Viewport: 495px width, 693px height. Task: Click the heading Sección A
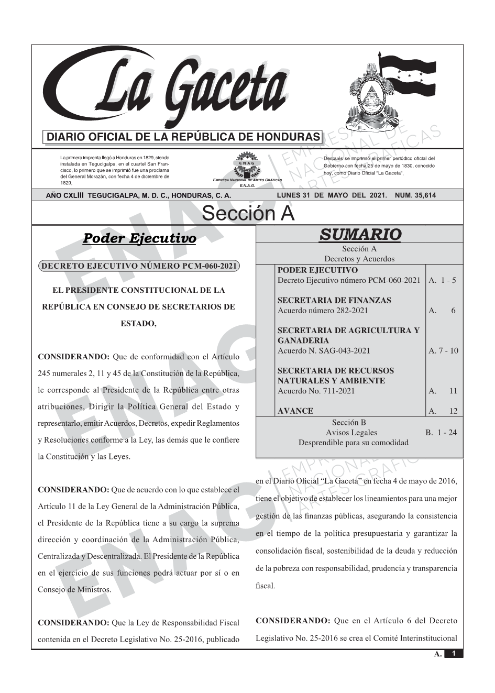click(x=248, y=214)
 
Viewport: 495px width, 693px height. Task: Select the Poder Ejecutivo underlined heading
click(x=139, y=239)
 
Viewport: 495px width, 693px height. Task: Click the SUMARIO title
click(x=360, y=234)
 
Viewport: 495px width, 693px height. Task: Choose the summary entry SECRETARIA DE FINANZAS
click(x=334, y=301)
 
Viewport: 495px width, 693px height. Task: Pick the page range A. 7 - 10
click(x=443, y=351)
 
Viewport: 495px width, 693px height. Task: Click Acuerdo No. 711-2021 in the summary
click(x=316, y=391)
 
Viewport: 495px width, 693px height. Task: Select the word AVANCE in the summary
click(x=295, y=411)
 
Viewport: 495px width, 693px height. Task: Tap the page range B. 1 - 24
click(x=441, y=433)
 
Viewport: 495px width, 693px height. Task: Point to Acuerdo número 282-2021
click(x=323, y=311)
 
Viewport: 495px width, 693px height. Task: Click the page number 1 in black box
click(x=454, y=654)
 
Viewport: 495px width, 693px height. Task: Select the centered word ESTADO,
click(x=139, y=324)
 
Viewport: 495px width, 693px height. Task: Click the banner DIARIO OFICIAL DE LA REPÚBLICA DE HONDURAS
click(x=183, y=137)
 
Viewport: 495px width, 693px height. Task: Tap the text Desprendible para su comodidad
click(x=353, y=443)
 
